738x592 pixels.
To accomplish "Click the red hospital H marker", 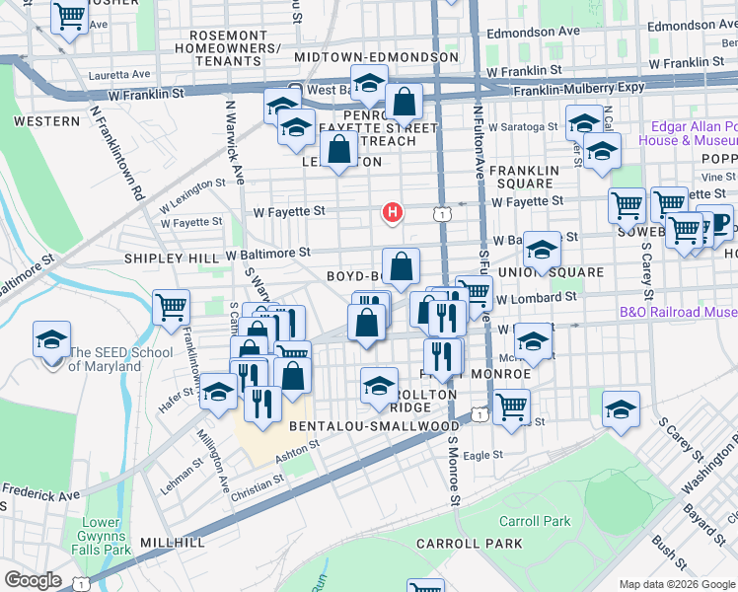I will pos(393,212).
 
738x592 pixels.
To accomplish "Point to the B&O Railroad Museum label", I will pos(678,313).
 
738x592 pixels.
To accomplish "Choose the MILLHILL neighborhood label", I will pos(173,543).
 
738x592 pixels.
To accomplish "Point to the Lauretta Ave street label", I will pos(118,74).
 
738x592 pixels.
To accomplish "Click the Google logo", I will pos(33,581).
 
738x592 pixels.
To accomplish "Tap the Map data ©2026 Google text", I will pos(677,584).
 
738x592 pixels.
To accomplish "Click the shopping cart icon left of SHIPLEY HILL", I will pos(172,307).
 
